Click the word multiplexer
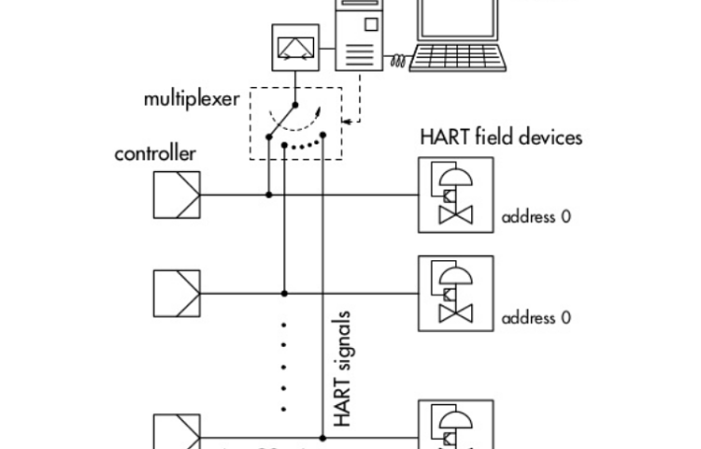[191, 99]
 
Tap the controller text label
[155, 153]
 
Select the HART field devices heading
[502, 138]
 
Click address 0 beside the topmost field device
[536, 217]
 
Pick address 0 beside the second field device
[536, 317]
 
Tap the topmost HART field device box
[455, 195]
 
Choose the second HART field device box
[455, 293]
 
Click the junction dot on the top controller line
[269, 195]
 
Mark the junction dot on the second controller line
[285, 293]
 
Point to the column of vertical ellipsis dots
[284, 365]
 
